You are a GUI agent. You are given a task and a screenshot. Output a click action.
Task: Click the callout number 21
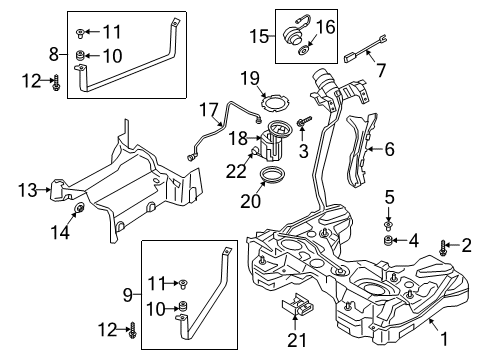pyautogui.click(x=297, y=340)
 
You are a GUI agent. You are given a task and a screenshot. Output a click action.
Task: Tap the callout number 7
pyautogui.click(x=381, y=70)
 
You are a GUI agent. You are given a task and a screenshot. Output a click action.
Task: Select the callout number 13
pyautogui.click(x=28, y=190)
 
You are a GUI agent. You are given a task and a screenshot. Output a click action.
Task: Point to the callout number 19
pyautogui.click(x=250, y=78)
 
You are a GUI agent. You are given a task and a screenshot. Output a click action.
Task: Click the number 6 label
pyautogui.click(x=389, y=149)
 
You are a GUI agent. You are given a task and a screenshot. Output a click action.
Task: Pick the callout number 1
pyautogui.click(x=444, y=339)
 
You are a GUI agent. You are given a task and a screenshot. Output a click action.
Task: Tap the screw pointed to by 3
pyautogui.click(x=305, y=121)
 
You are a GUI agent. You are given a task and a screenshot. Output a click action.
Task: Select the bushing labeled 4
pyautogui.click(x=388, y=241)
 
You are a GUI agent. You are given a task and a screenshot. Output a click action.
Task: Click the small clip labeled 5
pyautogui.click(x=388, y=226)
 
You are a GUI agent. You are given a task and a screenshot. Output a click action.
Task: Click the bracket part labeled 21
pyautogui.click(x=297, y=305)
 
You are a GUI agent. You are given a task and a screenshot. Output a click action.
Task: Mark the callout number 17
pyautogui.click(x=209, y=110)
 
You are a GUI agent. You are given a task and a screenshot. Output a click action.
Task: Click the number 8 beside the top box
pyautogui.click(x=54, y=54)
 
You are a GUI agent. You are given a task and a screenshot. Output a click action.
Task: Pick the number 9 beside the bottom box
pyautogui.click(x=128, y=295)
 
